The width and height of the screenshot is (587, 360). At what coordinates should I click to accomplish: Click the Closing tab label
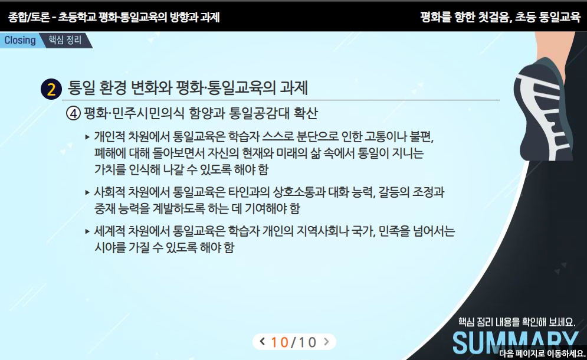(20, 40)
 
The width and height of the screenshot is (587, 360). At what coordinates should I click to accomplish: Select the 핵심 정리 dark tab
(65, 40)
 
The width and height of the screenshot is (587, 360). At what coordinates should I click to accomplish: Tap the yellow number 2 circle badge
(51, 89)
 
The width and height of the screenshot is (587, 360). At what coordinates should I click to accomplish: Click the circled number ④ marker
(73, 113)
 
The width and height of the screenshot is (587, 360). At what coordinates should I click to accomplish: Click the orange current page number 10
(280, 342)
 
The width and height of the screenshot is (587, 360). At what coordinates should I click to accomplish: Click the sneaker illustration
(543, 109)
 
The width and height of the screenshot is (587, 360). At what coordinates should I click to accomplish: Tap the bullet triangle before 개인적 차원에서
(87, 137)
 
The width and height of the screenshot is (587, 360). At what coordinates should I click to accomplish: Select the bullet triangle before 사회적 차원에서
(87, 192)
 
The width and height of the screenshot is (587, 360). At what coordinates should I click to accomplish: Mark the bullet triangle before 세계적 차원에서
(87, 231)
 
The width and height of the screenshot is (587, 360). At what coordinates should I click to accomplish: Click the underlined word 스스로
(278, 136)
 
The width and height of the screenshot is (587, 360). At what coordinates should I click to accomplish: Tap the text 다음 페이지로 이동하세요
(542, 354)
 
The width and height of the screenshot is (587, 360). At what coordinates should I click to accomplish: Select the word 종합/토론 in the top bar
(29, 17)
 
